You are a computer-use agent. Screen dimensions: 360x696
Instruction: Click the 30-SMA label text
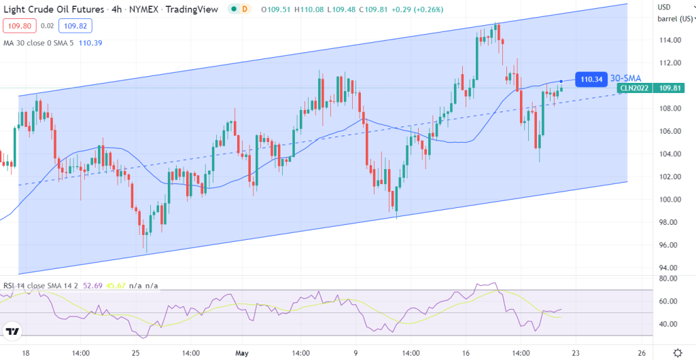tap(626, 78)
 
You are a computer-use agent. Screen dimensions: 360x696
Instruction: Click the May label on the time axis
tap(243, 353)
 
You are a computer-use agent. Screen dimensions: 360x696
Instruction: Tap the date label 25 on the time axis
tap(135, 353)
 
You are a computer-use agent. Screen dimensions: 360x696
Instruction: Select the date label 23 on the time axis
tap(576, 353)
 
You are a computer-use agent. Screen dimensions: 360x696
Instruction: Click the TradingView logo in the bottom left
tap(12, 331)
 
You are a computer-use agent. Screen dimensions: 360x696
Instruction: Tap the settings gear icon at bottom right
tap(677, 353)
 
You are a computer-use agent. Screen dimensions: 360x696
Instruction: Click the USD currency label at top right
tap(664, 7)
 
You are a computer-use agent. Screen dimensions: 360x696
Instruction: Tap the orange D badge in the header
tap(245, 8)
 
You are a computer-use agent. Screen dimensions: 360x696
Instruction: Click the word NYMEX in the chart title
tap(130, 8)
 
